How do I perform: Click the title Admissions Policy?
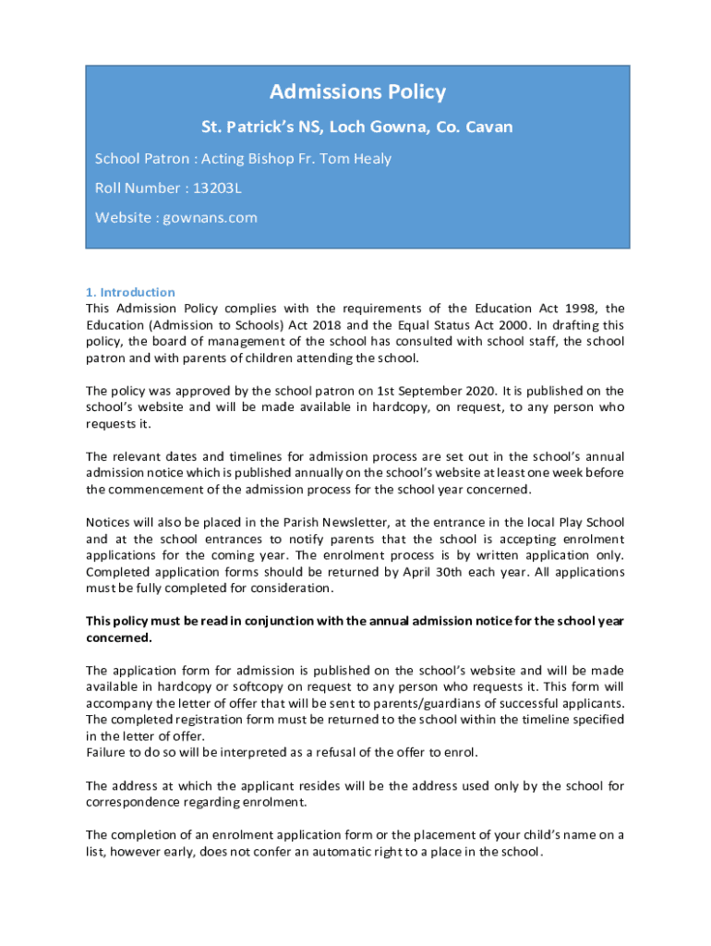(357, 92)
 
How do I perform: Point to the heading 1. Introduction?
(130, 292)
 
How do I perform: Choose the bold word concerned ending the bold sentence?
(118, 637)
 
